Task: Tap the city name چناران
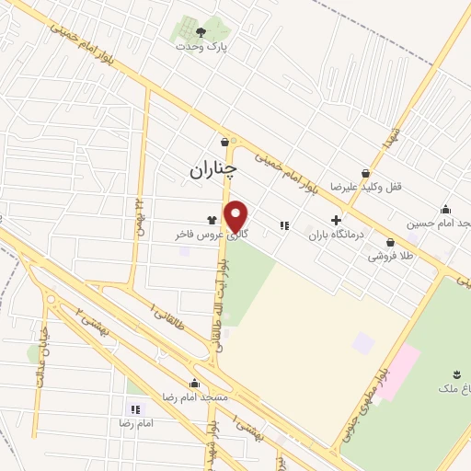coord(213,169)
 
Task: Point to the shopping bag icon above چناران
coord(225,141)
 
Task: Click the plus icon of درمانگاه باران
coord(336,221)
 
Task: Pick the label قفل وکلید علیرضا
coord(398,186)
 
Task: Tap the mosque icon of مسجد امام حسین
coord(446,209)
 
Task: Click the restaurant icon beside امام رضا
coord(135,408)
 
